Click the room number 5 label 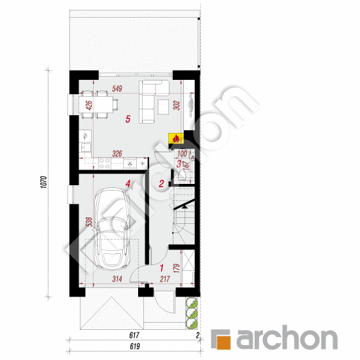point(129,119)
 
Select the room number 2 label point(161,184)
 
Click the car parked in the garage point(113,230)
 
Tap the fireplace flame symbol point(175,138)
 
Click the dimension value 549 point(118,88)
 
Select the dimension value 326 point(118,154)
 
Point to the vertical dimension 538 point(87,223)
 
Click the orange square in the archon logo point(223,340)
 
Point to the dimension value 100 point(181,154)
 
